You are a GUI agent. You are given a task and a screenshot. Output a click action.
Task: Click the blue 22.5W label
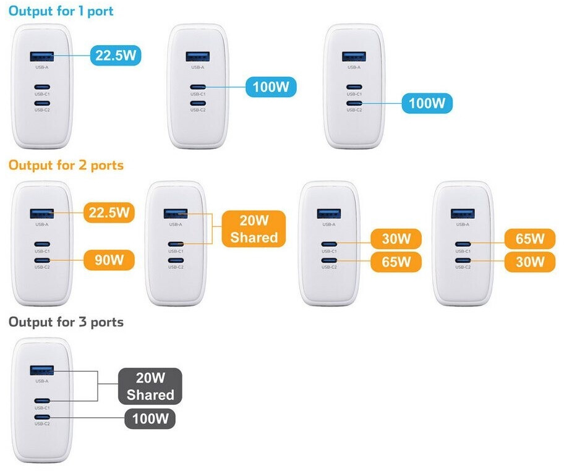tap(116, 56)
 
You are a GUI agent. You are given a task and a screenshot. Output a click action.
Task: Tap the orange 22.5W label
tap(109, 213)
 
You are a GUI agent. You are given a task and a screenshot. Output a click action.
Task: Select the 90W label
tap(109, 260)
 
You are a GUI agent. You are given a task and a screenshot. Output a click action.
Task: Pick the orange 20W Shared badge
tap(254, 229)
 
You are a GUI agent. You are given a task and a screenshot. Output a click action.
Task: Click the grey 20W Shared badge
tap(150, 386)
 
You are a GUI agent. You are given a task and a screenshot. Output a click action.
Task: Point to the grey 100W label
tap(150, 418)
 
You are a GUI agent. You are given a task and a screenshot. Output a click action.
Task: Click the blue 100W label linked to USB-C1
tap(271, 87)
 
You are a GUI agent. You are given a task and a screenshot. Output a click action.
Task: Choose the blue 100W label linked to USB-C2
tap(427, 103)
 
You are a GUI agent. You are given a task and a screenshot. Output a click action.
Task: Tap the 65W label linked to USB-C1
tap(530, 239)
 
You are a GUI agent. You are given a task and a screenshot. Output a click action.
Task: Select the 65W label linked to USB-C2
tap(396, 261)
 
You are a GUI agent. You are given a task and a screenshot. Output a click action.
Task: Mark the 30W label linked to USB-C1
tap(396, 239)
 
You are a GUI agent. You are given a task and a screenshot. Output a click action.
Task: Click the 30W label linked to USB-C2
tap(530, 261)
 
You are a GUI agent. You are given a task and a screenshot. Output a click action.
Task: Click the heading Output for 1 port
tap(61, 11)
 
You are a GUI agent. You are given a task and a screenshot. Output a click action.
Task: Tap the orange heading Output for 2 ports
tap(66, 166)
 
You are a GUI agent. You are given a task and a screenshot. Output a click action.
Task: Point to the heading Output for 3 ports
tap(66, 322)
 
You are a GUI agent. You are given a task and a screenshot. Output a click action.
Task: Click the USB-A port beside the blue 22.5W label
tap(42, 56)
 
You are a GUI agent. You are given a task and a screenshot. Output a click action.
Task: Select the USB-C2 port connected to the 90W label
tap(42, 260)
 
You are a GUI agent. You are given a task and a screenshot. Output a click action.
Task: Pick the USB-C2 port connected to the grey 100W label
tap(42, 417)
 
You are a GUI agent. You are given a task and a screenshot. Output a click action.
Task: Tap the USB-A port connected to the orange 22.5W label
tap(42, 214)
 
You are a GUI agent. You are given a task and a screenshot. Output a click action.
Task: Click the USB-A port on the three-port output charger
tap(42, 370)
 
